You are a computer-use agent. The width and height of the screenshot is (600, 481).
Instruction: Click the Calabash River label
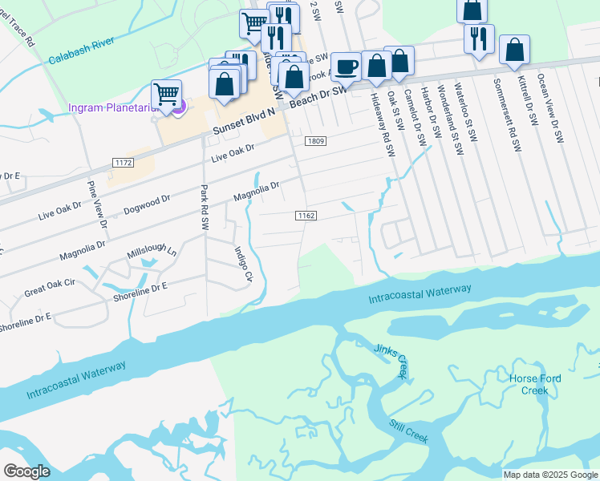[x=81, y=53]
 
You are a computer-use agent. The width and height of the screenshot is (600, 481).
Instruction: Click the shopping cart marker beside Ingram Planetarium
[x=166, y=94]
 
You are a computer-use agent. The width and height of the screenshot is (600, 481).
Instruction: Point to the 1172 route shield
[x=122, y=164]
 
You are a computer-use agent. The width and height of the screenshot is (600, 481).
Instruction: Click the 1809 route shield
[x=315, y=141]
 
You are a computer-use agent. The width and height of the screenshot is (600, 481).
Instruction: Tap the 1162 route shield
[x=306, y=216]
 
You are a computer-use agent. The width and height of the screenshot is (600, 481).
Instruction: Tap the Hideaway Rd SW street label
[x=383, y=123]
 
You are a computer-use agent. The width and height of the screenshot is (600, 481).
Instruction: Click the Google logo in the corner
[x=26, y=471]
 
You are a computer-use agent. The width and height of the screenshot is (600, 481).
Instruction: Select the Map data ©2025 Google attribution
[x=549, y=474]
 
